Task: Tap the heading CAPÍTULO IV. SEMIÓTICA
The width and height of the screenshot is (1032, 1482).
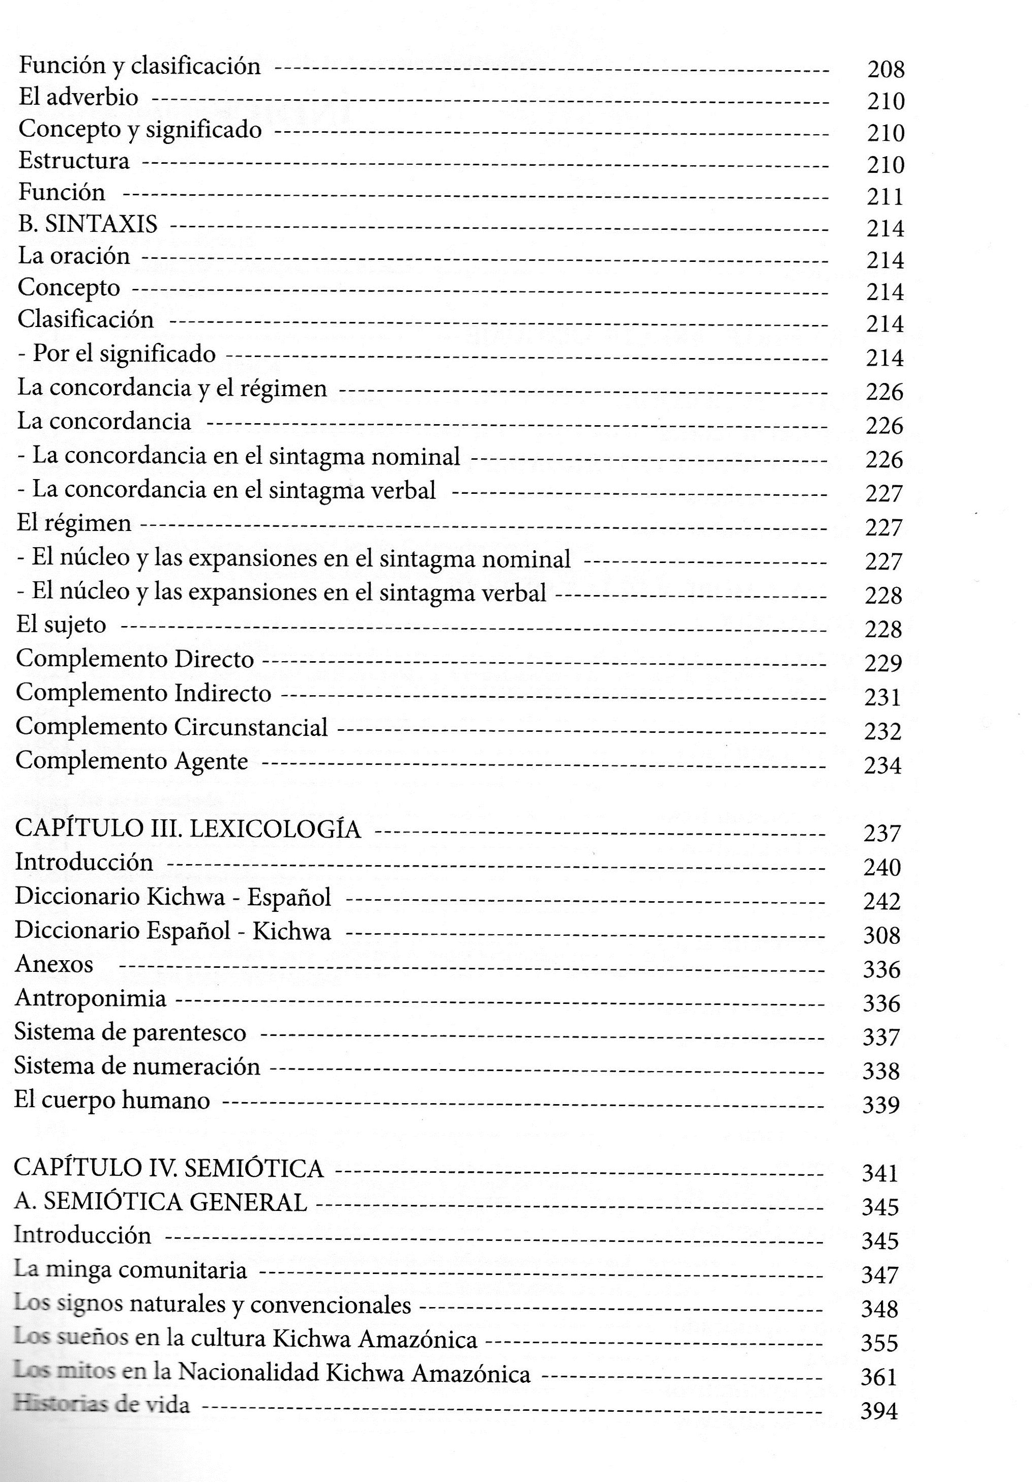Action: click(168, 1167)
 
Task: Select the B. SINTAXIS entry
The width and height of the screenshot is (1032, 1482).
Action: click(88, 223)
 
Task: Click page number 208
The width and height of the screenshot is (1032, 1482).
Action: click(886, 69)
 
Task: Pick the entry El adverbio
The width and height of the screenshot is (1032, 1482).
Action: click(78, 98)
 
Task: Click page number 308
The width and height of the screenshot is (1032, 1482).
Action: click(881, 935)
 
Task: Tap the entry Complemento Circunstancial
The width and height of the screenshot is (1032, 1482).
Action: click(172, 727)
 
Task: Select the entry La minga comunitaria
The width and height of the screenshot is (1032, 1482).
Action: click(130, 1269)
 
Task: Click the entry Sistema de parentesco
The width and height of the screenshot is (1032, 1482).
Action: click(130, 1032)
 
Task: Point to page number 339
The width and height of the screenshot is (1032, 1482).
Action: click(881, 1105)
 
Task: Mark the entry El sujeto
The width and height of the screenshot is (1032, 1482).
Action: click(62, 625)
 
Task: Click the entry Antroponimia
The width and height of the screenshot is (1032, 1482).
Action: click(91, 998)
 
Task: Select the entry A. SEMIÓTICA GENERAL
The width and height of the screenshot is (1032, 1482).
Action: click(160, 1201)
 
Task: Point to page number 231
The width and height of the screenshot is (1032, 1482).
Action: click(882, 697)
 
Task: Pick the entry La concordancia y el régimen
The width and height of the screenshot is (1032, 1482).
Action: click(172, 388)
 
